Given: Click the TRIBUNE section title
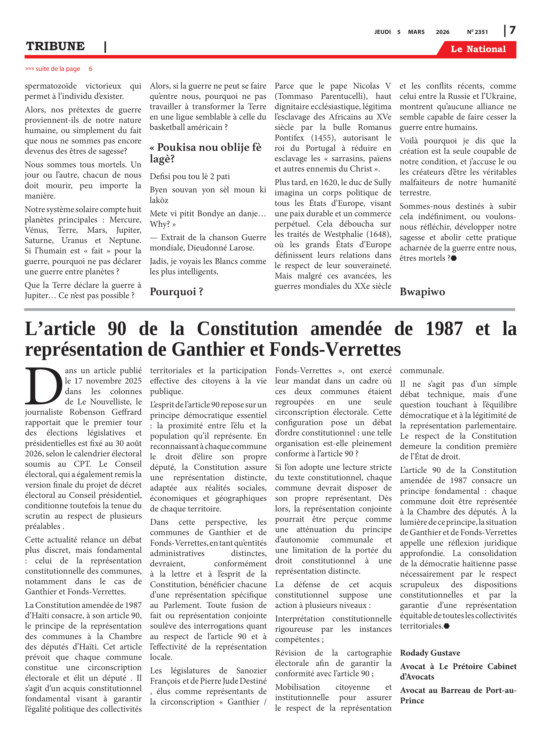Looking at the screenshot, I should point(55,46).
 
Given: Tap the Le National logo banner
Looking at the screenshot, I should point(478,49).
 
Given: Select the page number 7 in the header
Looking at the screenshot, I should point(512,31).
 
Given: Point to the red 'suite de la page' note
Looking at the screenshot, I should point(59,69).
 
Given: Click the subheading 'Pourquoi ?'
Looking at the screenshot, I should point(176,292).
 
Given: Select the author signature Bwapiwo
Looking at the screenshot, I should point(422,292).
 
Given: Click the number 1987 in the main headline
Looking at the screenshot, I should point(444,329).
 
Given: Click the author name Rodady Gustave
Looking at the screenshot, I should point(430,653).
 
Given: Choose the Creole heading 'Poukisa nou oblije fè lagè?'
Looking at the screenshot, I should point(205,153).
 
